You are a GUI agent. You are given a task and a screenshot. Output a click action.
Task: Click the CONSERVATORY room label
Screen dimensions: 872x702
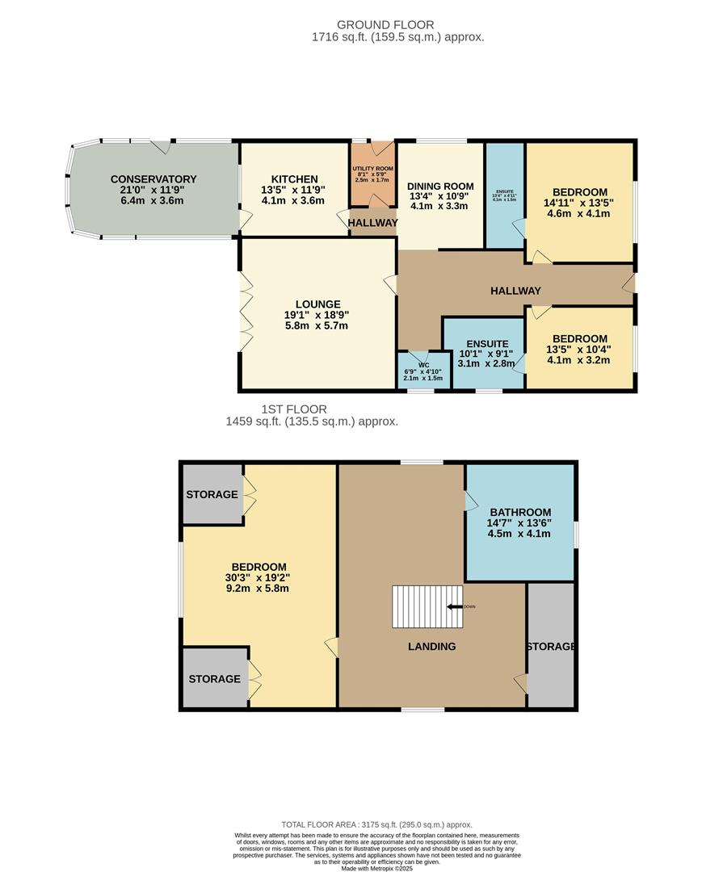click(x=153, y=179)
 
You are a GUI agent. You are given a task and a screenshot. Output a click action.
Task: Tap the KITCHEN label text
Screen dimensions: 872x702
click(x=294, y=179)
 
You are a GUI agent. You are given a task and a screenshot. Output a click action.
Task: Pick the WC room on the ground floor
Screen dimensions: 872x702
click(x=423, y=371)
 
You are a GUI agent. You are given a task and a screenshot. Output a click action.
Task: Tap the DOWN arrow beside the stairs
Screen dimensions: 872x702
click(x=457, y=606)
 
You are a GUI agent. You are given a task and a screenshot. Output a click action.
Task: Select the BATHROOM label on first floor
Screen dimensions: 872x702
click(x=520, y=512)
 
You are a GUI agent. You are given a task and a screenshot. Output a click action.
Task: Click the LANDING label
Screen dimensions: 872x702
click(x=431, y=646)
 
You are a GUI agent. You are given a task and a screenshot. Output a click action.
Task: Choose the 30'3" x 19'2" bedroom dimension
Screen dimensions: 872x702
click(x=259, y=577)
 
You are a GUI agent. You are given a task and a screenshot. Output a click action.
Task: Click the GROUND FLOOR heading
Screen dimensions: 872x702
click(x=397, y=25)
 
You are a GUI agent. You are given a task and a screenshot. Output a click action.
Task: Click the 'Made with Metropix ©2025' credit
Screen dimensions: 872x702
click(x=376, y=868)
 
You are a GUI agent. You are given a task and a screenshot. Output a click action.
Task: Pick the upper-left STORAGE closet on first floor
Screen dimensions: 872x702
click(x=212, y=494)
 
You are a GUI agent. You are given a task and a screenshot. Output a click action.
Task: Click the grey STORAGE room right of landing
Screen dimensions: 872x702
click(x=551, y=646)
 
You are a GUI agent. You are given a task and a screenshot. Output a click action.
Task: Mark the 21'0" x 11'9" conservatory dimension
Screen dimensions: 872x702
click(x=153, y=190)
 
